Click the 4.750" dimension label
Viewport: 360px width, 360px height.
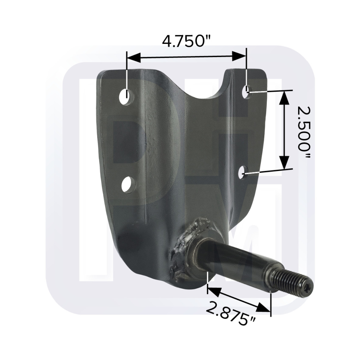point(186,41)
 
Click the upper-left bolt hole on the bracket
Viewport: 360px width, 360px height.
point(127,96)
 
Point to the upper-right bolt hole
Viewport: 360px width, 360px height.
point(247,92)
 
